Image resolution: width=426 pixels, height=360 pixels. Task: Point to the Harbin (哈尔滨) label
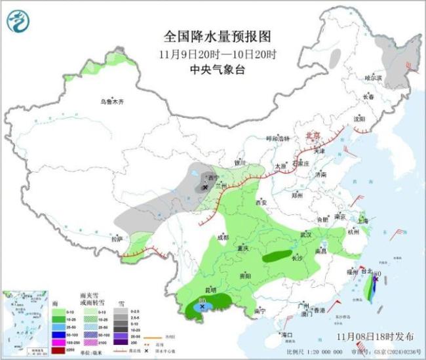click(x=372, y=77)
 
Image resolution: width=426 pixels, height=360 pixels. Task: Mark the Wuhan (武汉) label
click(x=307, y=234)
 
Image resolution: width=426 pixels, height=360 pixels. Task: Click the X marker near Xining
click(x=205, y=188)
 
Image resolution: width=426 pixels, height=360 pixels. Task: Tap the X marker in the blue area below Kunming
click(x=203, y=306)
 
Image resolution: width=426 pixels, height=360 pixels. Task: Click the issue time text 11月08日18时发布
click(x=375, y=336)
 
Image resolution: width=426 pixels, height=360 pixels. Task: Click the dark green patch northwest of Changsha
click(x=277, y=256)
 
